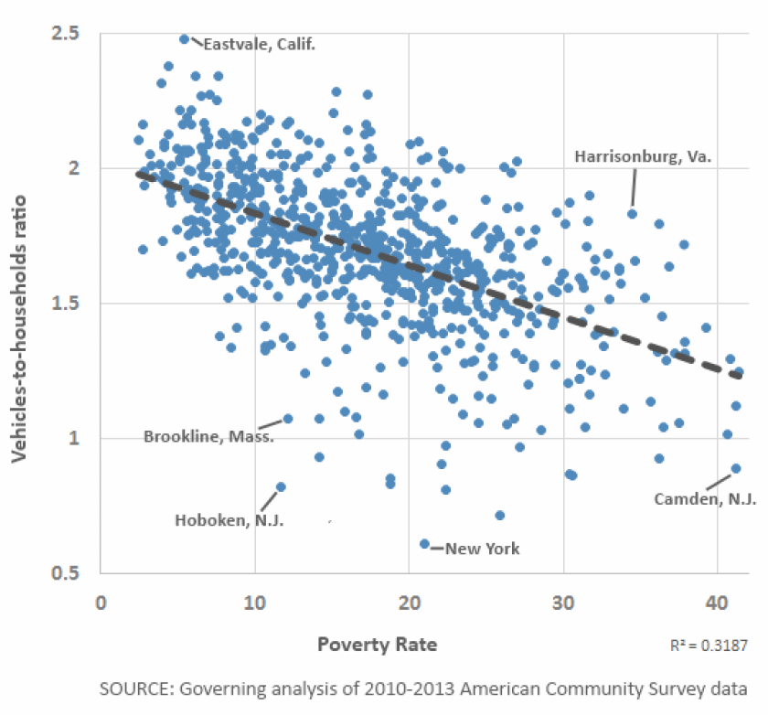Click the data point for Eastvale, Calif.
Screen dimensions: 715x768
(185, 39)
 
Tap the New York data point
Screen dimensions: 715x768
(424, 544)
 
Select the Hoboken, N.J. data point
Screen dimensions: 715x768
(281, 486)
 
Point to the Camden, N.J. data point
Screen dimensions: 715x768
(736, 468)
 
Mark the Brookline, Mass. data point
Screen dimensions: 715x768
(288, 419)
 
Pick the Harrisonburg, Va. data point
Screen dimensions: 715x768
(632, 213)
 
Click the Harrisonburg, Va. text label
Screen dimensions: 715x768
(643, 156)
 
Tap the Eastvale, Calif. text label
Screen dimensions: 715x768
(259, 44)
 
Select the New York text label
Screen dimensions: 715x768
(482, 549)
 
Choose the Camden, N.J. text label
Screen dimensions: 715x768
(705, 499)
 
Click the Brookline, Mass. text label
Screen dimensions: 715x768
(208, 436)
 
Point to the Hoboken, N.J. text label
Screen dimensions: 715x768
(229, 520)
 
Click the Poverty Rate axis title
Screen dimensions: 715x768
(377, 645)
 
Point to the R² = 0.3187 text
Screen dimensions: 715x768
(708, 646)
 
